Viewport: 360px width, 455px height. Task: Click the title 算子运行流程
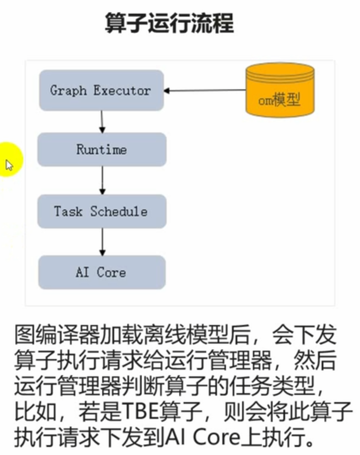[169, 23]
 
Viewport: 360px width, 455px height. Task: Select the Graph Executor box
[101, 90]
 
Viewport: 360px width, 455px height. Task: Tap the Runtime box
[102, 149]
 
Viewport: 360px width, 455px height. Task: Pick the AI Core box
[102, 272]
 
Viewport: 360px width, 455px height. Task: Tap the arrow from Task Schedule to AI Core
[102, 242]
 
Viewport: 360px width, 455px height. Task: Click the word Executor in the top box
[122, 90]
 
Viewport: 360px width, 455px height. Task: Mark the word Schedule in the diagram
[118, 211]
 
